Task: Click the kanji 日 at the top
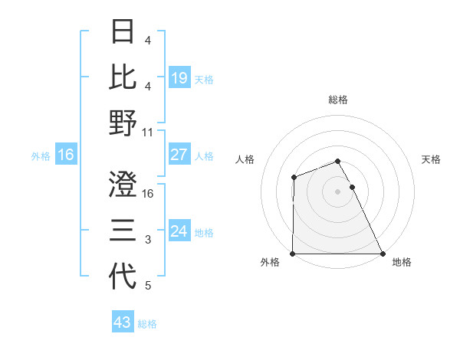123,32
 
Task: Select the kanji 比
123,77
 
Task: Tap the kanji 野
123,123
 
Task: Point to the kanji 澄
123,185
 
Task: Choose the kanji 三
123,231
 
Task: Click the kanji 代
123,277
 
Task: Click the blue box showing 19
179,77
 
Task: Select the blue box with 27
179,155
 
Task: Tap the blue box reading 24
179,231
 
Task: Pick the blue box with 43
123,322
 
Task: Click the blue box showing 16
65,155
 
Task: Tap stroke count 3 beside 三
148,240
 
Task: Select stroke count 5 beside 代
148,286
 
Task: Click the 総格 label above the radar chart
337,100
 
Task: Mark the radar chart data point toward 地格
382,254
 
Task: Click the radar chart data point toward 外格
293,254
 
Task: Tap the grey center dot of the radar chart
337,191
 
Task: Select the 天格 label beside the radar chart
432,159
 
